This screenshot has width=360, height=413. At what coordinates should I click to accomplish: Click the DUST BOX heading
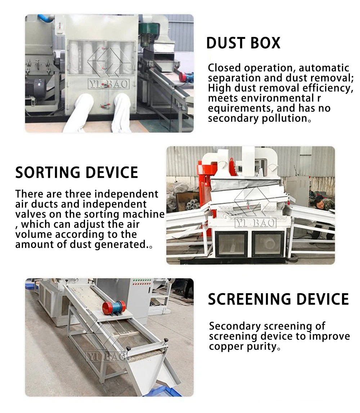pyautogui.click(x=243, y=43)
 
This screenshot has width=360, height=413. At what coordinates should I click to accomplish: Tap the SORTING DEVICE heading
pyautogui.click(x=77, y=173)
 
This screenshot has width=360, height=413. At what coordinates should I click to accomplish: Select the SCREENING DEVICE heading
pyautogui.click(x=278, y=299)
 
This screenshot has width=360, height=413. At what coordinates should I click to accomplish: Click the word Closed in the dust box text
pyautogui.click(x=224, y=68)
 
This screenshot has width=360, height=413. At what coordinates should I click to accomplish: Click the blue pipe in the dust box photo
pyautogui.click(x=45, y=18)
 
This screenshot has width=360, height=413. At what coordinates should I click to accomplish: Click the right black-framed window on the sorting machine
pyautogui.click(x=267, y=244)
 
